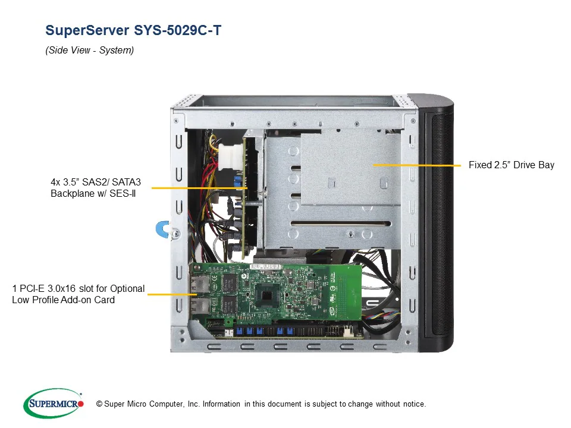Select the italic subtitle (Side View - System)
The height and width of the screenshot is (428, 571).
(x=90, y=51)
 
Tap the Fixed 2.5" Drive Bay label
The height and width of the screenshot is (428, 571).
(x=511, y=165)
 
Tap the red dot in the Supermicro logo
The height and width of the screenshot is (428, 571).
(x=80, y=404)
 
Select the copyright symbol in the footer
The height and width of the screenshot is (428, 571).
(x=91, y=404)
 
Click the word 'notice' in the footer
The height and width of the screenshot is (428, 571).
(x=414, y=404)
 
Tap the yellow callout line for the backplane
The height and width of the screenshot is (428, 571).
(x=199, y=188)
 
